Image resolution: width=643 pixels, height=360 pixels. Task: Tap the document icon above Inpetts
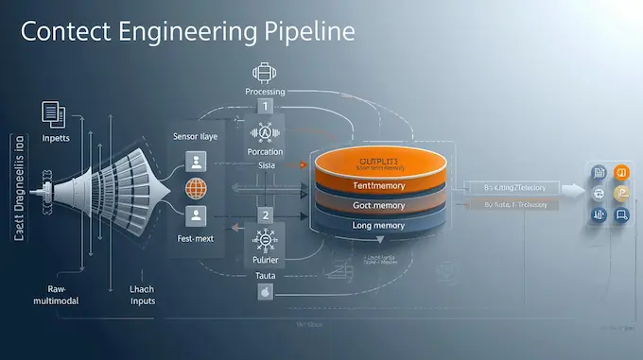pyautogui.click(x=53, y=114)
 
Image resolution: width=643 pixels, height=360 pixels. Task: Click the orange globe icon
pyautogui.click(x=196, y=187)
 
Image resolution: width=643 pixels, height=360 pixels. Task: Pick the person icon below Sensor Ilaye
pyautogui.click(x=196, y=160)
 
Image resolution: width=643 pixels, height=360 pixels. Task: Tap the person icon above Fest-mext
pyautogui.click(x=196, y=216)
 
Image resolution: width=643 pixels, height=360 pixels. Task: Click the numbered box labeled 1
pyautogui.click(x=265, y=107)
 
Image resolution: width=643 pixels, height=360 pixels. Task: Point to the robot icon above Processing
pyautogui.click(x=265, y=73)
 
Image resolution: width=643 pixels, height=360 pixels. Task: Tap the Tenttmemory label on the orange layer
pyautogui.click(x=377, y=186)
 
